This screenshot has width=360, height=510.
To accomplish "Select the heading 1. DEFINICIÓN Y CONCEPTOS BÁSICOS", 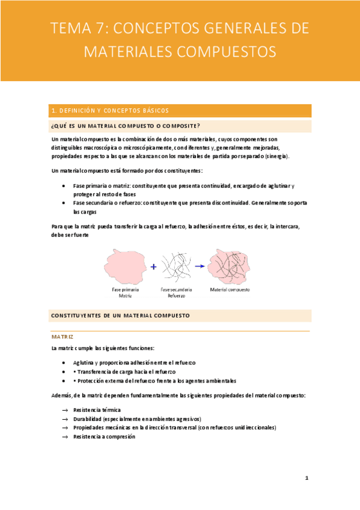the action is click(110, 111).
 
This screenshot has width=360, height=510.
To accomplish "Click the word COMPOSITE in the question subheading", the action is click(181, 126).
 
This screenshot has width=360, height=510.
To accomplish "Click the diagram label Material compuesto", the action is click(230, 289).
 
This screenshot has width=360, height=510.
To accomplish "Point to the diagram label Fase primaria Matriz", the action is click(125, 292).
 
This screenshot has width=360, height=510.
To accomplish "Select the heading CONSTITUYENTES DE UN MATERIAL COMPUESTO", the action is click(121, 315).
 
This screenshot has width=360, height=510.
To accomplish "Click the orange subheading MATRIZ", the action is click(62, 337).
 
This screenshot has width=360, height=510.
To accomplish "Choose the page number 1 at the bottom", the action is click(307, 479).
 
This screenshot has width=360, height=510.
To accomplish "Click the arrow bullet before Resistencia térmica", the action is click(64, 410).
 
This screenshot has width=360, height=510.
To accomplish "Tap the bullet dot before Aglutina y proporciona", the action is click(64, 363).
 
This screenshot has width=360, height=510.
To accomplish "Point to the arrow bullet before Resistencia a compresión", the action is click(64, 437).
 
